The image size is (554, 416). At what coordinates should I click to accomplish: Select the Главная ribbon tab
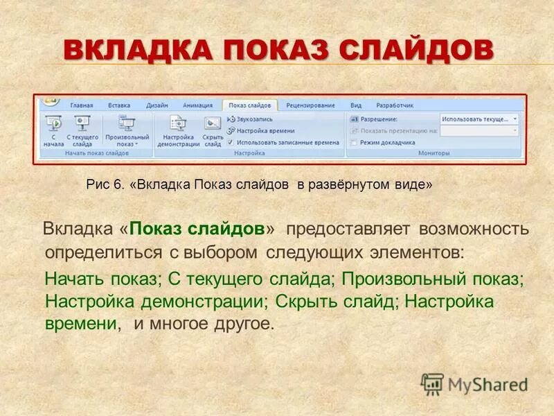coord(81,105)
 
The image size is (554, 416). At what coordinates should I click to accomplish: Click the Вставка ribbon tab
coord(119,105)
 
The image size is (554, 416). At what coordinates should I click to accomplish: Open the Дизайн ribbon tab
coord(157,105)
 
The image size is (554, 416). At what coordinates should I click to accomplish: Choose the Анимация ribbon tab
coord(197,105)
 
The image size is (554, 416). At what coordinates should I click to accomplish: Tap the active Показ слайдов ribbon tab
coord(250,105)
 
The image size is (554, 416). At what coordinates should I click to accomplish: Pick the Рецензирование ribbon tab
coord(310,105)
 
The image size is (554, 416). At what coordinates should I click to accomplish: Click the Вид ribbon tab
coord(356,105)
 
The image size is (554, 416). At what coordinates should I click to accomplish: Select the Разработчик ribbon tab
coord(394,105)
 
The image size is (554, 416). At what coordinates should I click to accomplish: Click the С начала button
coord(53,130)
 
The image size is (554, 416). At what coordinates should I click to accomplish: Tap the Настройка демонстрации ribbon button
coord(178,130)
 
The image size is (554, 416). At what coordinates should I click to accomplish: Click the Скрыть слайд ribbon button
coord(213,130)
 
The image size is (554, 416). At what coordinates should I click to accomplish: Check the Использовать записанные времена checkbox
coord(231,142)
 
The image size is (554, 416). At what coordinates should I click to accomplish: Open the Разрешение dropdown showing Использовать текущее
coord(479,119)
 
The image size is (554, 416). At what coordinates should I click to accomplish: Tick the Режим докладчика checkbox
coord(354,142)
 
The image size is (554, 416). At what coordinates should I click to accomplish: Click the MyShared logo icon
coord(433,383)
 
